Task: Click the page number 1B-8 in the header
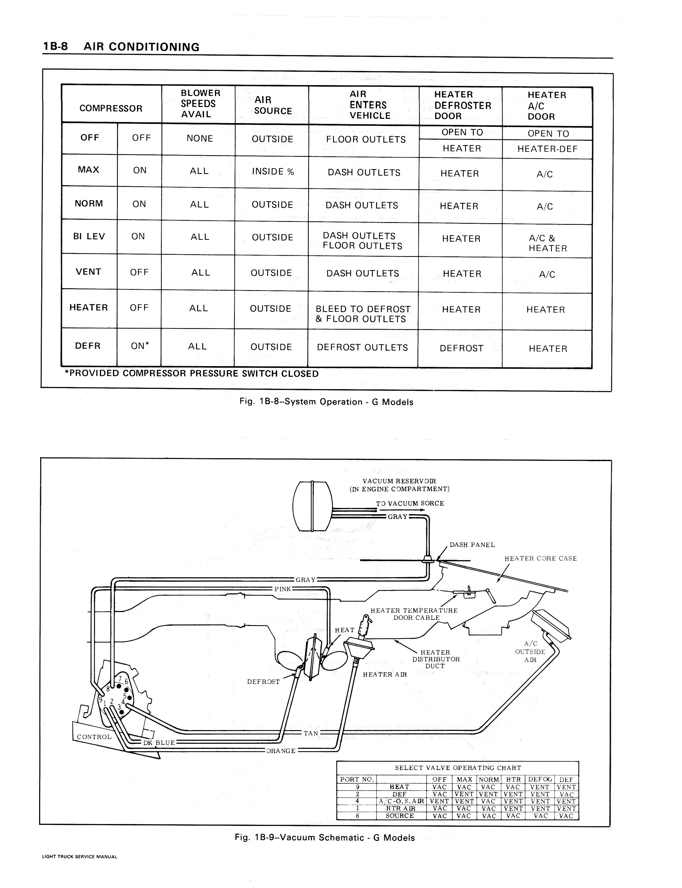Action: click(x=56, y=46)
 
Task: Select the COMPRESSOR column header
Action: click(x=111, y=108)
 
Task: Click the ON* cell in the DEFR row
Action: click(x=140, y=346)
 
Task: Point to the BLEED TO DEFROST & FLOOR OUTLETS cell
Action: click(x=363, y=314)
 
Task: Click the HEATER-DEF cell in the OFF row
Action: click(x=547, y=149)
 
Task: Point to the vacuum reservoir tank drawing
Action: click(x=312, y=506)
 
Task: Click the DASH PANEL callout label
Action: click(x=472, y=545)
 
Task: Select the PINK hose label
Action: click(x=282, y=589)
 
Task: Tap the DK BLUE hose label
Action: click(x=159, y=742)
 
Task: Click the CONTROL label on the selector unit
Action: click(x=94, y=737)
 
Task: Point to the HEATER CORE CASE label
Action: click(x=540, y=559)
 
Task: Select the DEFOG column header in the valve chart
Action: click(x=540, y=779)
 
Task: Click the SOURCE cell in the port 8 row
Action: click(x=400, y=816)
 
